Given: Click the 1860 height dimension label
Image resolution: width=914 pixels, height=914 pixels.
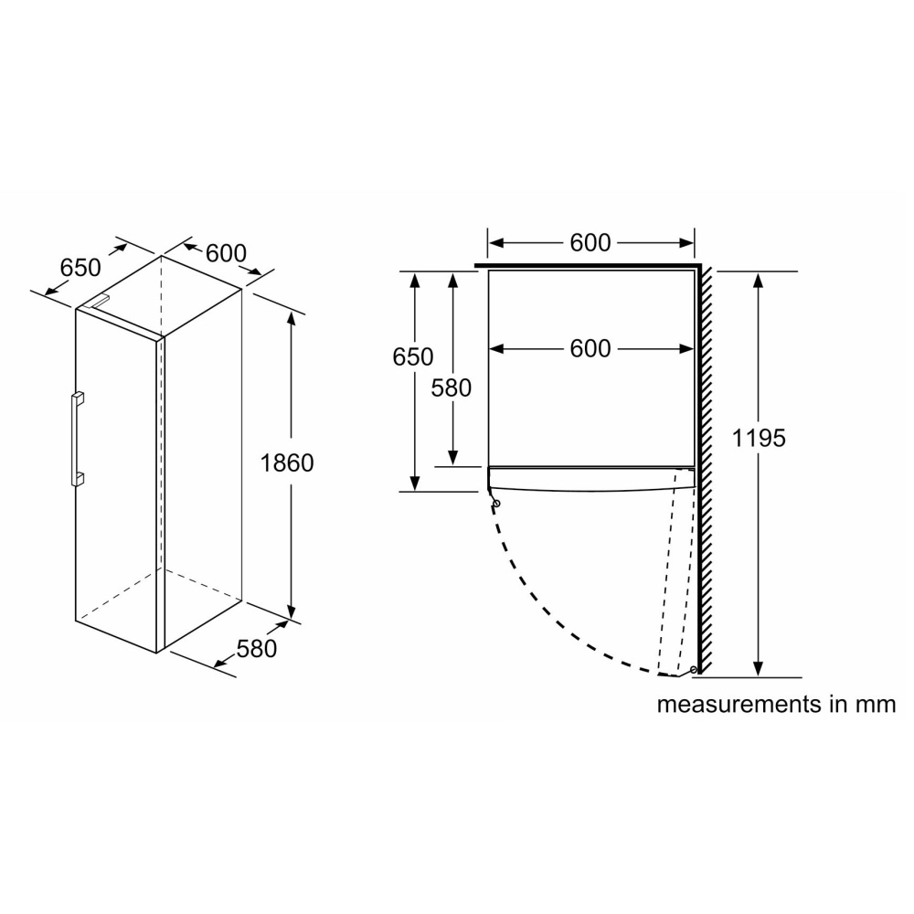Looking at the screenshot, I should point(287,463).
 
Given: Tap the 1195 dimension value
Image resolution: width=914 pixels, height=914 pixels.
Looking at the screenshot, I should point(759,438).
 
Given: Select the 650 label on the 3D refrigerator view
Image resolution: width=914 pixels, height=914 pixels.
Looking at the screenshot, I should point(80,268).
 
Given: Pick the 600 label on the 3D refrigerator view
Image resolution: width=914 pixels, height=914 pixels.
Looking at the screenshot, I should point(226,253).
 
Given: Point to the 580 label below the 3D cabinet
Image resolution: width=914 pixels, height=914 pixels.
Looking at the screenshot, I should point(256,648).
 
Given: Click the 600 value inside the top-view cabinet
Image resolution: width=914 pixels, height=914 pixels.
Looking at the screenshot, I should point(590,348).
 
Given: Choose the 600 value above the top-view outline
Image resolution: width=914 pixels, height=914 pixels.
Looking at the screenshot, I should point(590,242).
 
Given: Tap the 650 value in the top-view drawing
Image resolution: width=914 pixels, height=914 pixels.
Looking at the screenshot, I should point(413,357).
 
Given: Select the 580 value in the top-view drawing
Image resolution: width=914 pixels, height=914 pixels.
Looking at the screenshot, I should point(452,388).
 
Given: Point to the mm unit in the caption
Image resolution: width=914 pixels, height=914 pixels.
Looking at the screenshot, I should point(879,705).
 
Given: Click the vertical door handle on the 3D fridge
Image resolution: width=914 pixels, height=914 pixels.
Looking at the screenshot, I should point(77,438).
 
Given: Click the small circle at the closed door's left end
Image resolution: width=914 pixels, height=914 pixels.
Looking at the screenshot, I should point(495,502).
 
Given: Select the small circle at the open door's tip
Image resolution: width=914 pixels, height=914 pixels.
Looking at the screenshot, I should point(694,671).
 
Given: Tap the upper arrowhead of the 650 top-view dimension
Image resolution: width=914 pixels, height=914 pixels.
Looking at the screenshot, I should point(416,278).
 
